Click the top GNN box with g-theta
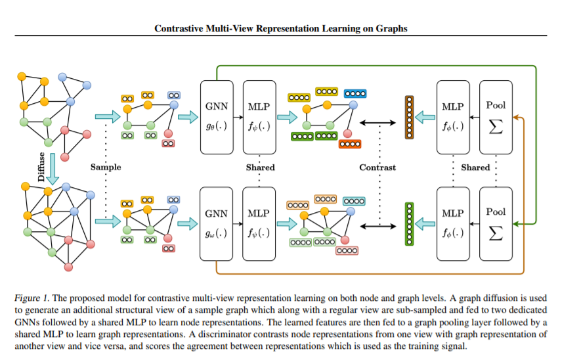(217, 116)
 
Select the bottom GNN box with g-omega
(217, 223)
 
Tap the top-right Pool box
(496, 116)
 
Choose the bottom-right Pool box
(496, 223)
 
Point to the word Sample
(106, 168)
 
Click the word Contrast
(377, 168)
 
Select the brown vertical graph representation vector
(408, 117)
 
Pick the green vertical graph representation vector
(408, 223)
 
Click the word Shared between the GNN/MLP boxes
(260, 168)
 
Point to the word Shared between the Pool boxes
(475, 168)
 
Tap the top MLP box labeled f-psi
(259, 116)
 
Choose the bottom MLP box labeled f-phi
(452, 223)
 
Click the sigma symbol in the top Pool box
(496, 126)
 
